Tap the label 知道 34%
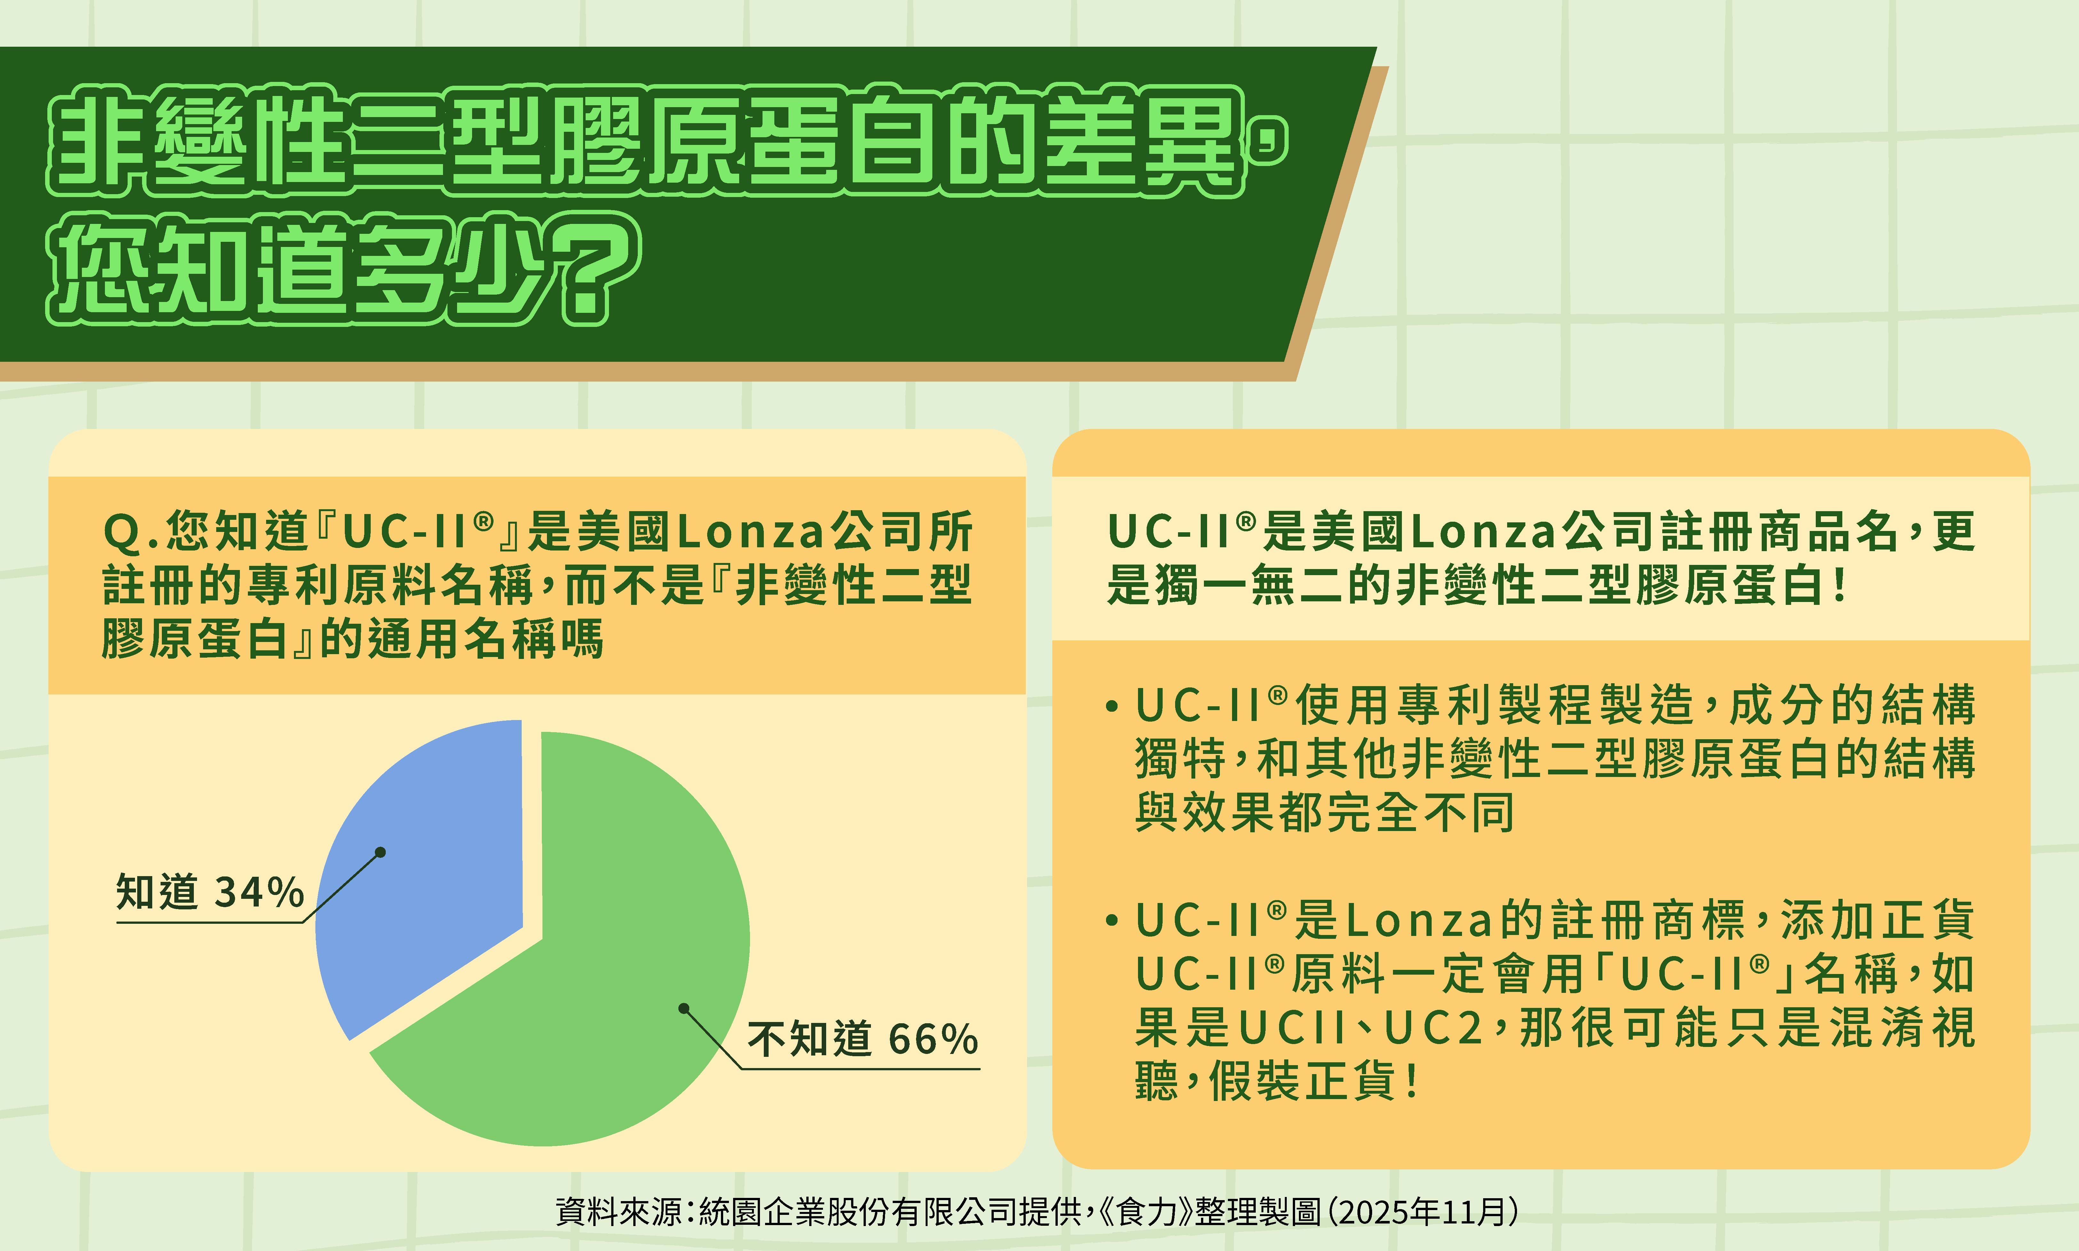[x=210, y=892]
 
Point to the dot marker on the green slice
[x=684, y=1008]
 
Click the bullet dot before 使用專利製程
[x=1112, y=707]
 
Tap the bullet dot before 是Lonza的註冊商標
[x=1112, y=921]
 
